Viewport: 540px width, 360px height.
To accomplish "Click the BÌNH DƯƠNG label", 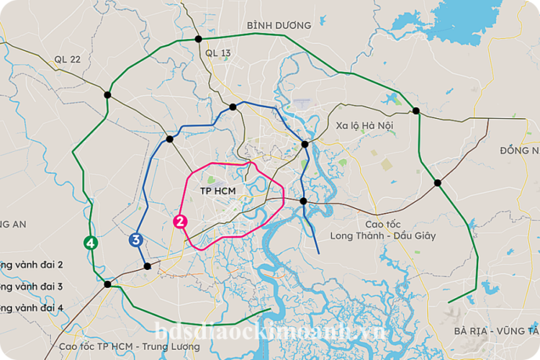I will [x=279, y=25].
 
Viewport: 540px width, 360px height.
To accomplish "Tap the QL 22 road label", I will [x=67, y=59].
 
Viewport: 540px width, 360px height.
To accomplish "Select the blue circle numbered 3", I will [x=135, y=240].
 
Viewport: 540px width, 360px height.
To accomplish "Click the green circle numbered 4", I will [x=90, y=243].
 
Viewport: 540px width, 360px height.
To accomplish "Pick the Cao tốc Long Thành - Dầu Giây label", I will [x=382, y=230].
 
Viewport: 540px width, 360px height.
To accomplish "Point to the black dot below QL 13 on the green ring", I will [x=199, y=38].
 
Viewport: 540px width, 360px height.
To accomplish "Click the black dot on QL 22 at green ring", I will [x=107, y=94].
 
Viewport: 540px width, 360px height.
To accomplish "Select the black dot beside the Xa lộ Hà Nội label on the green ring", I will [x=416, y=110].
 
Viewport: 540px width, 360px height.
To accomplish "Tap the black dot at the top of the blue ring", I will [x=233, y=107].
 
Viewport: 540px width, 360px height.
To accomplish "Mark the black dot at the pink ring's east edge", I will [x=304, y=201].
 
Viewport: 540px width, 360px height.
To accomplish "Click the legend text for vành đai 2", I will [x=32, y=264].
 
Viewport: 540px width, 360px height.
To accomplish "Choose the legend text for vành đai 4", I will [x=32, y=307].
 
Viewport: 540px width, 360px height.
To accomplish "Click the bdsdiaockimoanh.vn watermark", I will [x=270, y=332].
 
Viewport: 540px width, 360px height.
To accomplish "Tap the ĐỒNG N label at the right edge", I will [x=518, y=150].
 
